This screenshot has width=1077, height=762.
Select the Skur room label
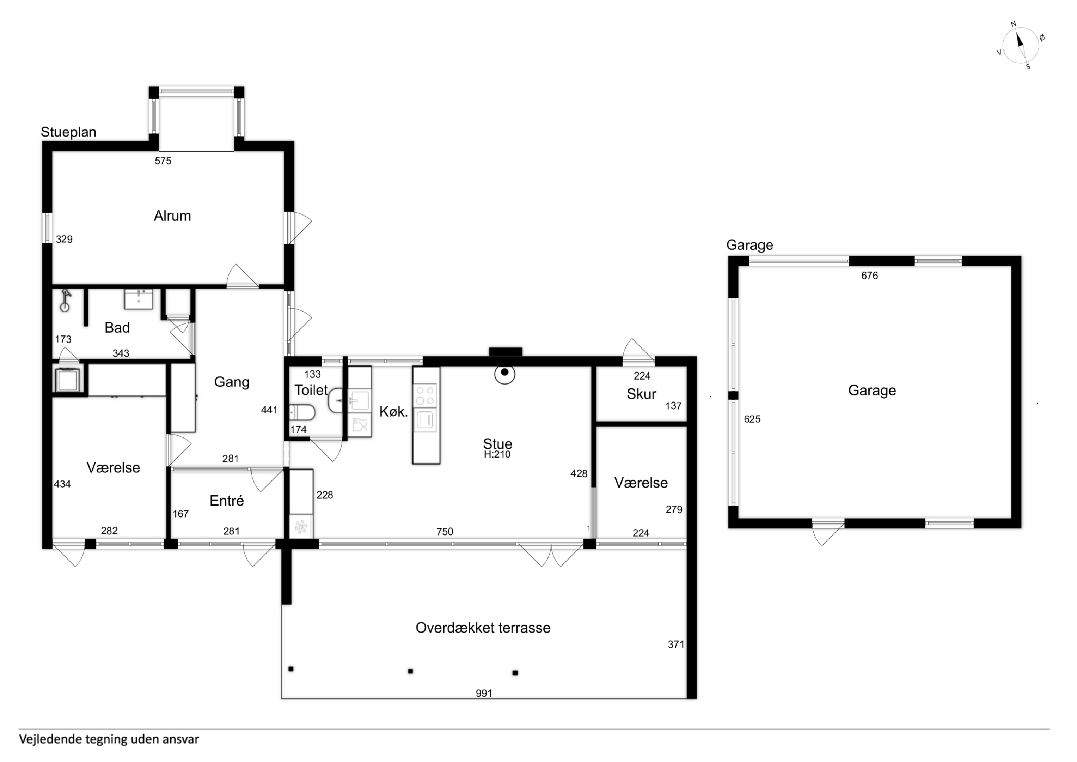641,394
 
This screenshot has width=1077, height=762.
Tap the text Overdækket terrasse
483,628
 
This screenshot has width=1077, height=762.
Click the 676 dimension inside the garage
869,276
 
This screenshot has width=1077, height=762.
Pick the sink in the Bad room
139,299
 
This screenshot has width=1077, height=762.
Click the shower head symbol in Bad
65,301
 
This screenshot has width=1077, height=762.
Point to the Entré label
227,501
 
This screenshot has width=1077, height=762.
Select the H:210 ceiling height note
497,454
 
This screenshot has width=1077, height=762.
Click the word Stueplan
68,132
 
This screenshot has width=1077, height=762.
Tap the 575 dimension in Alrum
163,161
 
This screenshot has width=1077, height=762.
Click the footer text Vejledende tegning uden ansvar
109,739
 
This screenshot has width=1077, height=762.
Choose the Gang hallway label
231,382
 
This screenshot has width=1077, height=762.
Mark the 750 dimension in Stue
445,532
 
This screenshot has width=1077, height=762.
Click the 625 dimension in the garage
752,419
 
